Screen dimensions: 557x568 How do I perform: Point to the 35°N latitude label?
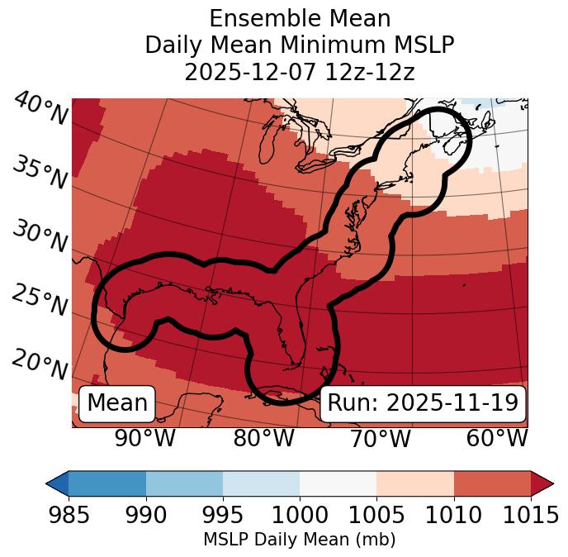click(40, 173)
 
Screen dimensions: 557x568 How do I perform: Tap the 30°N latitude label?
click(40, 238)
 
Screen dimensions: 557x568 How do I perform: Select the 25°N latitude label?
click(40, 301)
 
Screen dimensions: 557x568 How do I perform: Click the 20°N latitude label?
click(40, 364)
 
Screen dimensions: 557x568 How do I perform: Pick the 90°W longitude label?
click(145, 439)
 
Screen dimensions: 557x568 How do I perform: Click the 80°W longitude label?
click(263, 439)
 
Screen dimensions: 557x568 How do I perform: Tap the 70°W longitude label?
click(380, 439)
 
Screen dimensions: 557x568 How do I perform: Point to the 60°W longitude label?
click(496, 439)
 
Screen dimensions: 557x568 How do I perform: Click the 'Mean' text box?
click(117, 403)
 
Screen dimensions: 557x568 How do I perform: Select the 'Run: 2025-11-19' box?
click(423, 403)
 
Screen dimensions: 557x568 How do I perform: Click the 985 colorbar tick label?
click(69, 516)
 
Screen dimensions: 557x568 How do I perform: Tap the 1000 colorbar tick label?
click(300, 516)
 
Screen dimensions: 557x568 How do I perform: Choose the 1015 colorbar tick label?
click(531, 516)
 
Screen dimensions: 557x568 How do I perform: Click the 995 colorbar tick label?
click(223, 516)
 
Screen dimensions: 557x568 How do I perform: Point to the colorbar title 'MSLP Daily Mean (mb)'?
click(300, 540)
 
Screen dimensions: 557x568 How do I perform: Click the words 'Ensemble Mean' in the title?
click(300, 18)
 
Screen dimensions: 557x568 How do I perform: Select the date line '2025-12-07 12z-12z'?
click(300, 73)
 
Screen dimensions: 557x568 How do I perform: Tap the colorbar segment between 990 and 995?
click(184, 483)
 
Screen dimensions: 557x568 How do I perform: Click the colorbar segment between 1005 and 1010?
click(415, 483)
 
